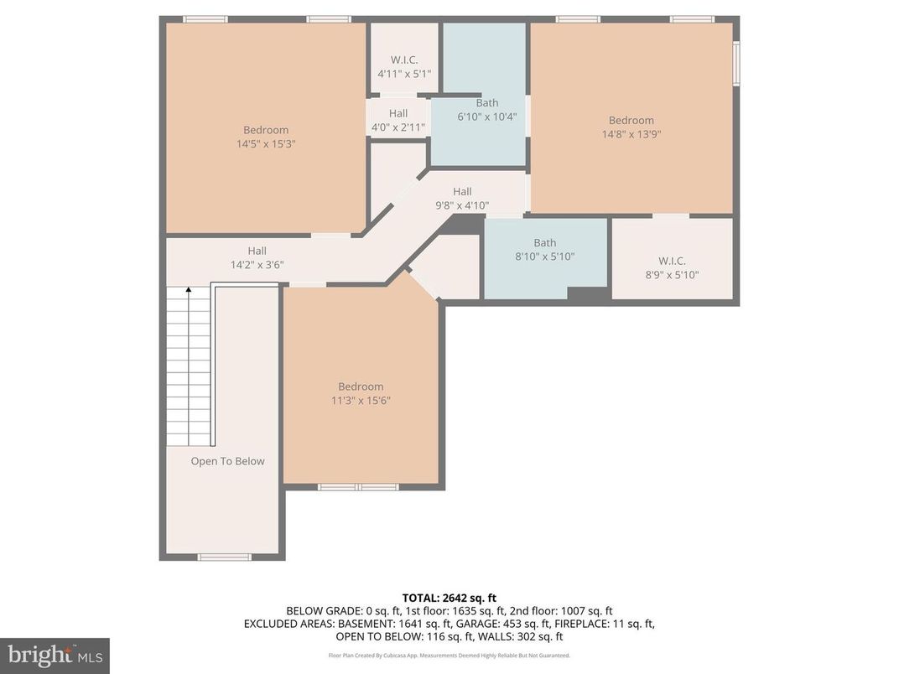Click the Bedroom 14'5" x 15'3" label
coord(266,137)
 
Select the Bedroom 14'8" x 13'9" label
coord(631,127)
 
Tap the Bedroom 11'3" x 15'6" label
coord(361,393)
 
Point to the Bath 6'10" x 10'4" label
coord(486,110)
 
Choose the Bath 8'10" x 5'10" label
coord(544,250)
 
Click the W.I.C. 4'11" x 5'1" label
coord(404,67)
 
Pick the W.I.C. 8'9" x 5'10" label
coord(672,267)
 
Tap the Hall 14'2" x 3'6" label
coord(257,257)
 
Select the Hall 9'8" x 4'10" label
coord(462,198)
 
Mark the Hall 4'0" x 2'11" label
coord(398,120)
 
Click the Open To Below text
coord(227,461)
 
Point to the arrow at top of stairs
coord(189,291)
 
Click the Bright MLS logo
coord(55,654)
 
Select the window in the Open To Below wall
coord(224,557)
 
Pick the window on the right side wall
coord(736,64)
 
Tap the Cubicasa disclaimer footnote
coord(449,656)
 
